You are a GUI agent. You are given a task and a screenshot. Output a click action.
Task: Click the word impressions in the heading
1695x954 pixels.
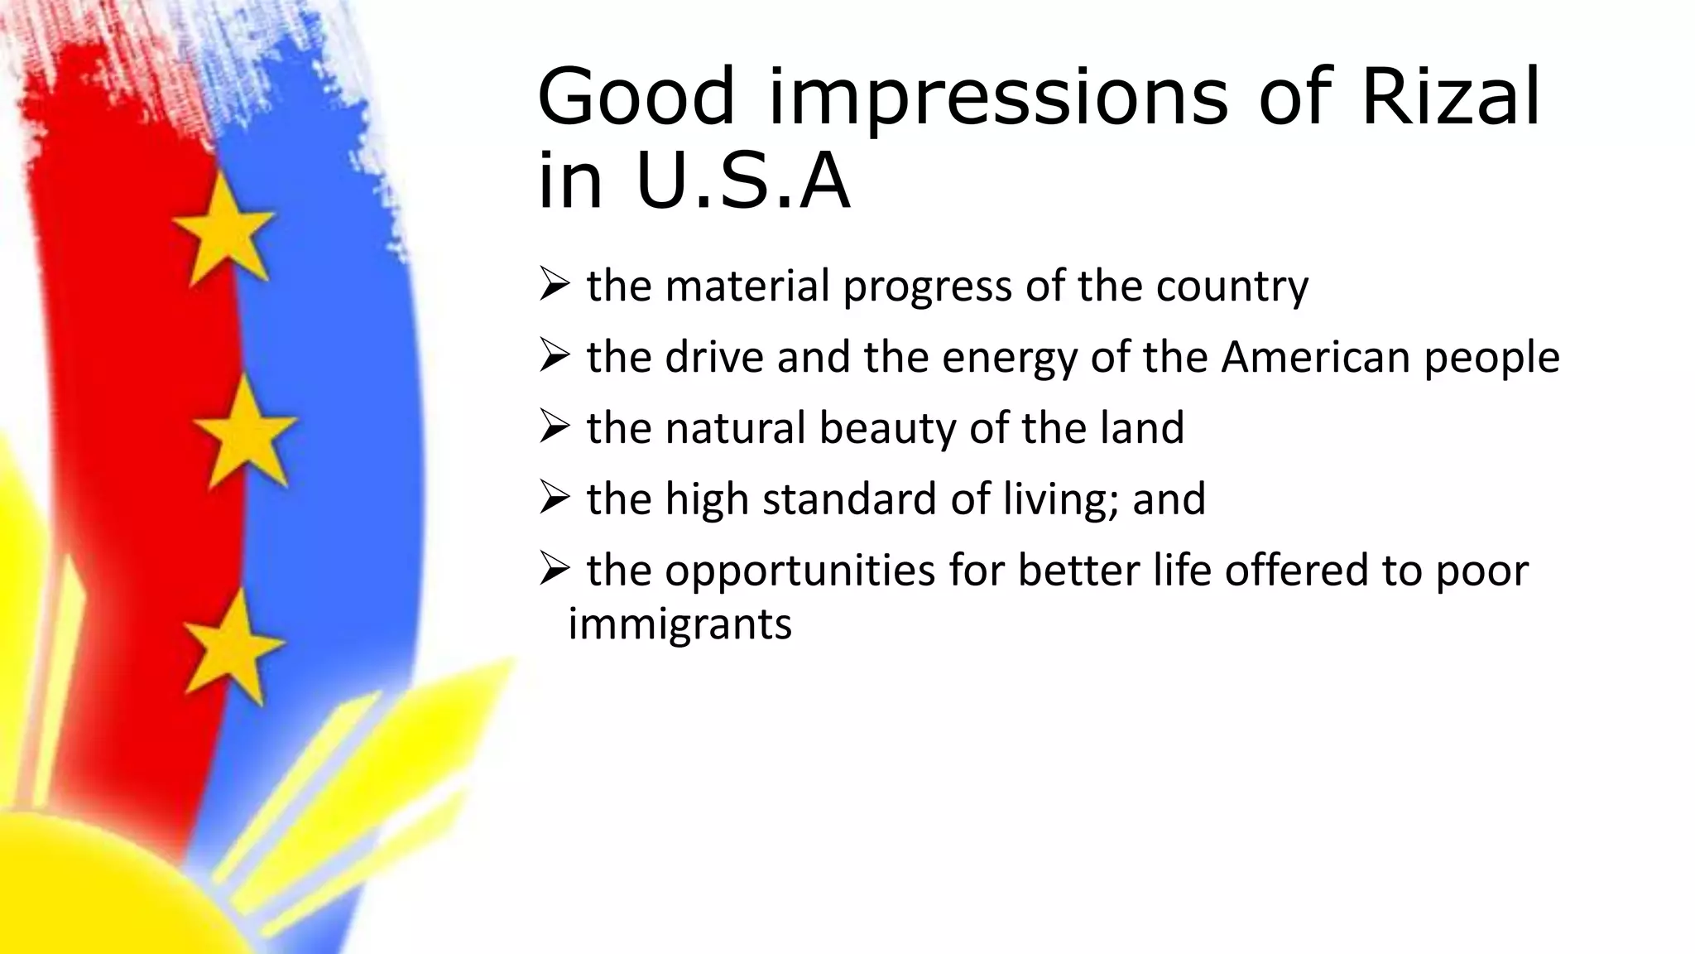coord(997,99)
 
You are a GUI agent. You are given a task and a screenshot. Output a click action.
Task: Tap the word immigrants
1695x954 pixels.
coord(679,624)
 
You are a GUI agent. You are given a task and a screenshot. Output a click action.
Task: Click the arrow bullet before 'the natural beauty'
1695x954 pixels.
coord(554,427)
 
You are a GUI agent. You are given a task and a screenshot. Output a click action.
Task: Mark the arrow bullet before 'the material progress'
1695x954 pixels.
coord(554,285)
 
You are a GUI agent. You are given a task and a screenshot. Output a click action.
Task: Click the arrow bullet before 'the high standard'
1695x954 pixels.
coord(554,499)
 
